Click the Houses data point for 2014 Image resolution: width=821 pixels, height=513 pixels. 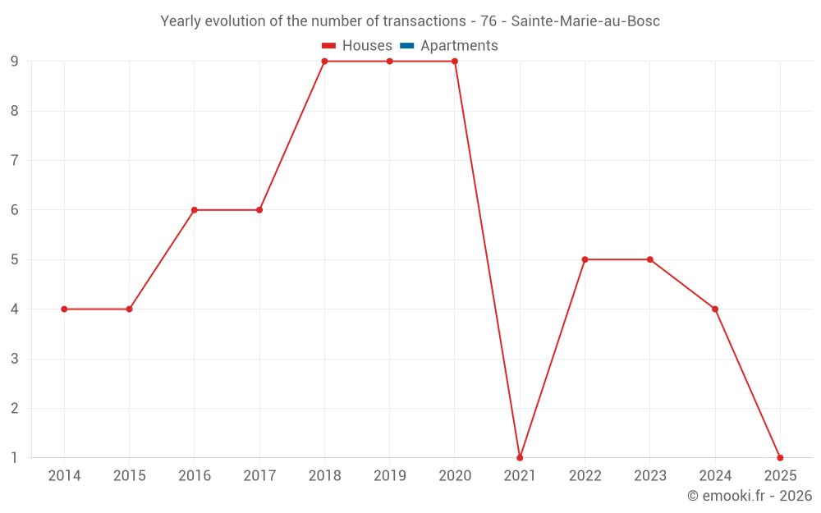[x=64, y=309]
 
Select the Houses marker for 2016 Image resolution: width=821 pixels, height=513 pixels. [x=195, y=210]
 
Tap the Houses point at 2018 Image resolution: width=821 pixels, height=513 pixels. [x=324, y=62]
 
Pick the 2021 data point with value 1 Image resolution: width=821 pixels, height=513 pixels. [x=520, y=458]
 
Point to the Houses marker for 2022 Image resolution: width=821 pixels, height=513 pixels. [x=585, y=259]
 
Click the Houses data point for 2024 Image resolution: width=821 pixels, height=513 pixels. [x=715, y=309]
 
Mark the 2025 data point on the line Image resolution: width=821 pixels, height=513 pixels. [x=780, y=458]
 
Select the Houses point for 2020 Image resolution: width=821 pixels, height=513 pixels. [x=455, y=62]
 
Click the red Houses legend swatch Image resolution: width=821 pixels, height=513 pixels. [x=329, y=46]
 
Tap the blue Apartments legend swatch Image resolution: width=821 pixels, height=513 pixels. [x=407, y=46]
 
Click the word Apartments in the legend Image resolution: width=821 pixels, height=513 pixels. [x=459, y=46]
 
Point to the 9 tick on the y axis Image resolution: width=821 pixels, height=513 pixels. [x=15, y=62]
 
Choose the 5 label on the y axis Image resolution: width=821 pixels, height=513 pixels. [x=15, y=259]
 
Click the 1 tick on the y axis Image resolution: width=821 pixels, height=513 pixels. [x=15, y=458]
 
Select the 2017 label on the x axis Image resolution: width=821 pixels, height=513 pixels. [x=259, y=476]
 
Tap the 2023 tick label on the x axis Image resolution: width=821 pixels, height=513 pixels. [x=649, y=476]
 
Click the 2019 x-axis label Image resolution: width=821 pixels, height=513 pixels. [x=389, y=476]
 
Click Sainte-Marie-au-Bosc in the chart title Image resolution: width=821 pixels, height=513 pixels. [x=585, y=21]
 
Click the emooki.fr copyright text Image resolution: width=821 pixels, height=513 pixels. [x=750, y=496]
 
